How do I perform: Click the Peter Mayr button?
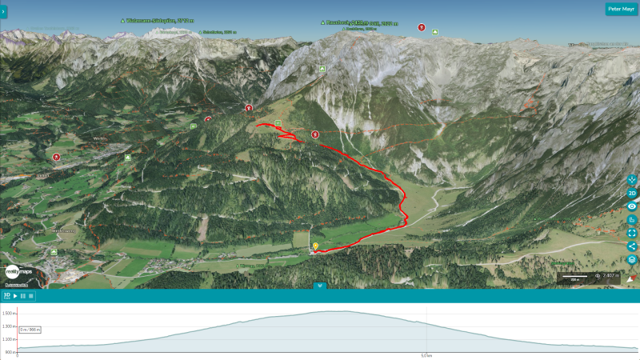click(621, 9)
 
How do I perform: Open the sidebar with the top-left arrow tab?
click(3, 11)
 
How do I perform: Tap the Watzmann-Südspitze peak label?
click(161, 21)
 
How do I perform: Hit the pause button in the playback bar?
click(23, 296)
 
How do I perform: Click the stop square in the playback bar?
click(31, 296)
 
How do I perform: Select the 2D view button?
click(631, 193)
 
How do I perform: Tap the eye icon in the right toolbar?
click(631, 206)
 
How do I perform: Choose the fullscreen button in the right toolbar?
click(631, 233)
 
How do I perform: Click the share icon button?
click(631, 246)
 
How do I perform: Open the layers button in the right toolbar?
click(631, 259)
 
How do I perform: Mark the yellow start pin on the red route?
click(315, 246)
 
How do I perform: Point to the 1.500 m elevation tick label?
click(8, 313)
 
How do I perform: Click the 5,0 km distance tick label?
click(426, 355)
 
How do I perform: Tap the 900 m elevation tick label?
click(10, 351)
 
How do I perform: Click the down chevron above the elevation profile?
click(320, 286)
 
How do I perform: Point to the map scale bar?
click(574, 277)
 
